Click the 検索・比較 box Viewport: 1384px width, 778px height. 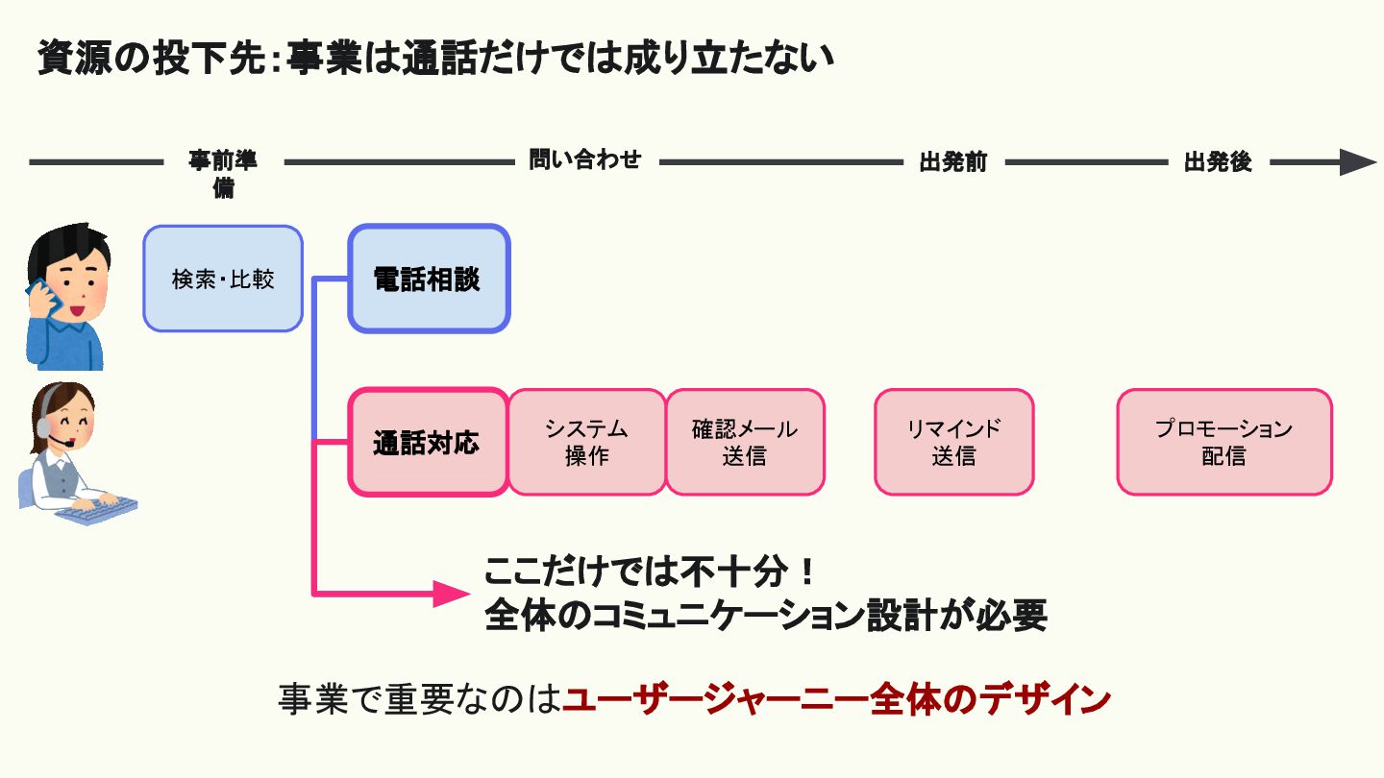(x=223, y=279)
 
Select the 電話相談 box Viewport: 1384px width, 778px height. (x=428, y=279)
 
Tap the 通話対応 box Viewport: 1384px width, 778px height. (x=427, y=443)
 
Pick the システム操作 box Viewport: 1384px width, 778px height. (x=586, y=442)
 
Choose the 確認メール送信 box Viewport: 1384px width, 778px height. (x=745, y=442)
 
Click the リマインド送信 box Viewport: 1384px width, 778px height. (x=953, y=442)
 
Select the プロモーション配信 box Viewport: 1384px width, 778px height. (x=1223, y=442)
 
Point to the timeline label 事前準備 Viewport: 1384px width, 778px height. (x=223, y=172)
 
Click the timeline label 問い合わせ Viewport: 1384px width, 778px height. (x=584, y=159)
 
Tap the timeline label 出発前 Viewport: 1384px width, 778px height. (x=952, y=161)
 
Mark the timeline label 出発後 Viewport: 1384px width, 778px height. (x=1218, y=161)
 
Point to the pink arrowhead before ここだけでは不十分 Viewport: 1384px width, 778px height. (x=448, y=595)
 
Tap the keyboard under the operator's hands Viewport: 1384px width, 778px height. (x=96, y=510)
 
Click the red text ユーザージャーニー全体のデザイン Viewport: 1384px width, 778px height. (x=836, y=699)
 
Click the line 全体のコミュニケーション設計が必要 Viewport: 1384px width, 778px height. (x=765, y=616)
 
